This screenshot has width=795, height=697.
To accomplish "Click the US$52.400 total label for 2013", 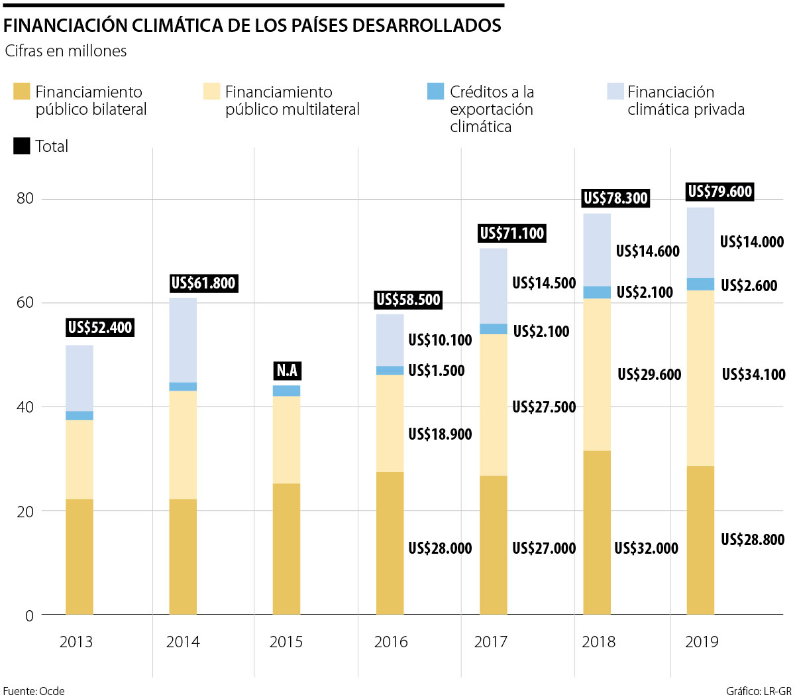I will pyautogui.click(x=100, y=328).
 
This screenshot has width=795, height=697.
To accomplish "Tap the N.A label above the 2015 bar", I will pyautogui.click(x=287, y=371).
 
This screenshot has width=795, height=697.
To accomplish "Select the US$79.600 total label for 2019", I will pyautogui.click(x=720, y=192).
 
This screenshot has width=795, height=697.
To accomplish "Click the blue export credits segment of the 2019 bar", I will pyautogui.click(x=700, y=285).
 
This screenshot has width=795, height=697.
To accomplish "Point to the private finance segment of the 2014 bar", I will pyautogui.click(x=183, y=340).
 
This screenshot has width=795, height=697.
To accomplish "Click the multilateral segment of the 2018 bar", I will pyautogui.click(x=597, y=375).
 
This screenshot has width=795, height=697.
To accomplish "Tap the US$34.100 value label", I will pyautogui.click(x=753, y=375).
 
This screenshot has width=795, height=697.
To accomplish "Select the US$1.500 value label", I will pyautogui.click(x=437, y=371).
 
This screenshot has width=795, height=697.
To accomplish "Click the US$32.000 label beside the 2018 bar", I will pyautogui.click(x=646, y=548).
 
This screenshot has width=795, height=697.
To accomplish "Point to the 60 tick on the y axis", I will pyautogui.click(x=25, y=303).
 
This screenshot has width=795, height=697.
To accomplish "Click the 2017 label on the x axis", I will pyautogui.click(x=491, y=642).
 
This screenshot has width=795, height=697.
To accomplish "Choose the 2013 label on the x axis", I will pyautogui.click(x=76, y=642).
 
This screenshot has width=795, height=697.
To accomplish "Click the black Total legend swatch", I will pyautogui.click(x=22, y=146).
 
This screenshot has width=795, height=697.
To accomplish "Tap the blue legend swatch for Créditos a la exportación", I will pyautogui.click(x=435, y=92).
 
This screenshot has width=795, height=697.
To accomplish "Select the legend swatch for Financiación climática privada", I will pyautogui.click(x=615, y=92).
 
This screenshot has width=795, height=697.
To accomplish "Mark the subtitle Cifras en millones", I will pyautogui.click(x=66, y=51).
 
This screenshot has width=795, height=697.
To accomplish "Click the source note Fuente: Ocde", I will pyautogui.click(x=34, y=691).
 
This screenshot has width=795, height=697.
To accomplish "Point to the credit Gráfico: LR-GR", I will pyautogui.click(x=758, y=691).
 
